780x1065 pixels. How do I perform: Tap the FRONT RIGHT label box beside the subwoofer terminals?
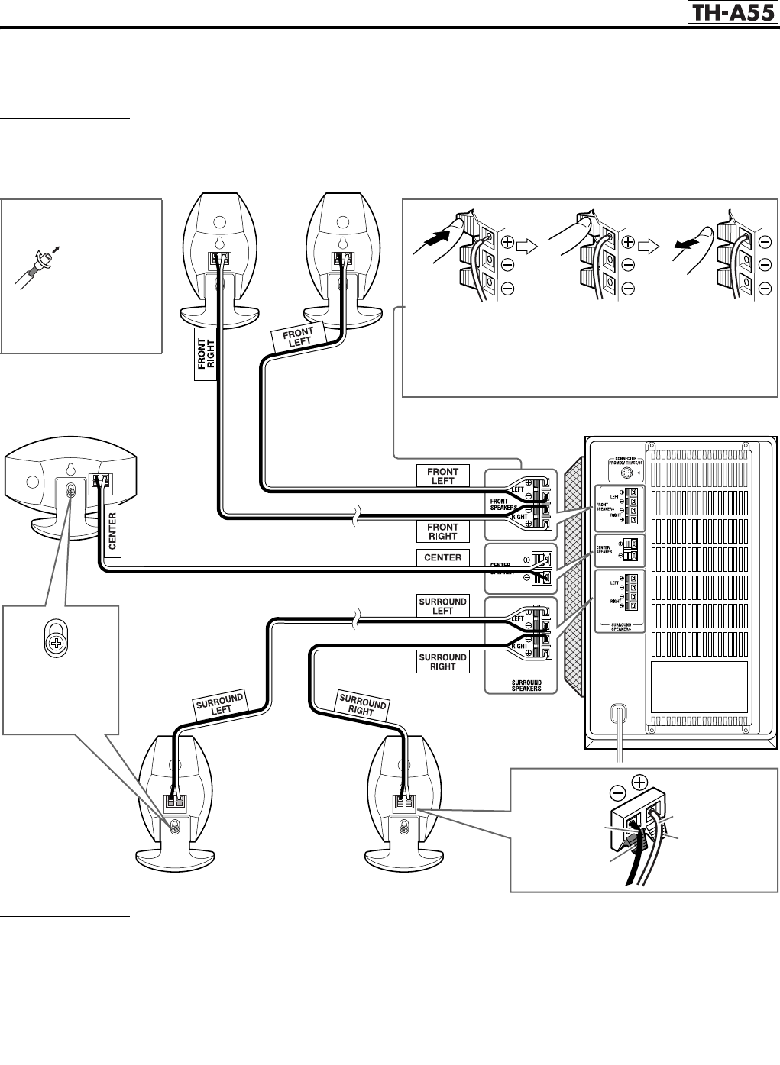tap(442, 531)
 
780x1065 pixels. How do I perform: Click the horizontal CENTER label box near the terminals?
tap(442, 557)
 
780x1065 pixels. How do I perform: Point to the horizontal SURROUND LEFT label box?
tap(442, 605)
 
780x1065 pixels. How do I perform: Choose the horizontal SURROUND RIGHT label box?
tap(442, 661)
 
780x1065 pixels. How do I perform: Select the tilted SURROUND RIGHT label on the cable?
tap(361, 705)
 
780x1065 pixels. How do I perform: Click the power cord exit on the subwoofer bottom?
tap(618, 715)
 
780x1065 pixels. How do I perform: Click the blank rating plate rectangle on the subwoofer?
tap(698, 686)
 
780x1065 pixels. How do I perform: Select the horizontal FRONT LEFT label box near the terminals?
tap(442, 476)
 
